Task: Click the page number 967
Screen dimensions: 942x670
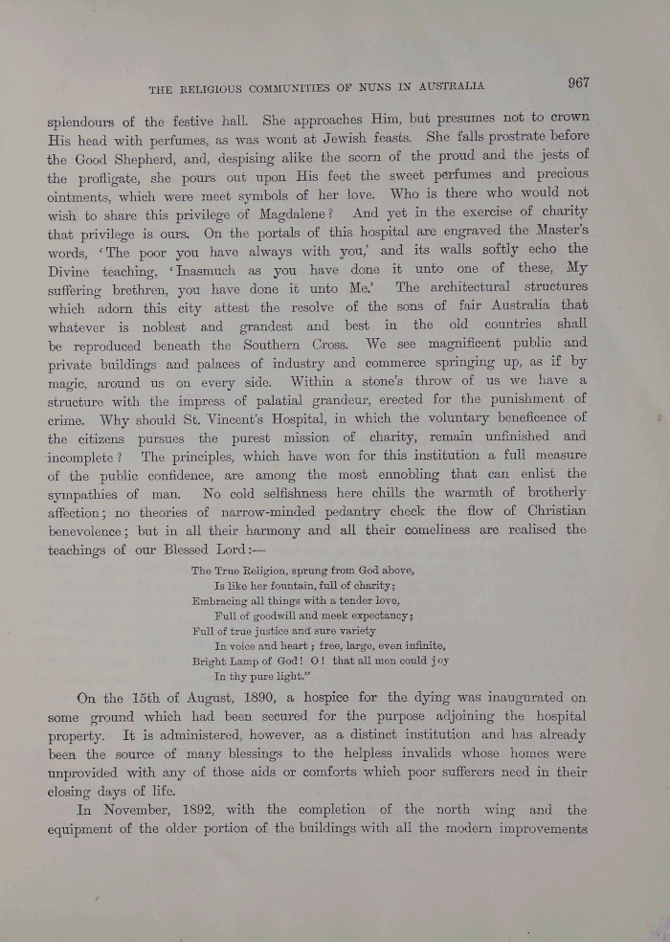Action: tap(577, 82)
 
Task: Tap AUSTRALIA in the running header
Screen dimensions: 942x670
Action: tap(452, 87)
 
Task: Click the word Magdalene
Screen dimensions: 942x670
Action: tap(297, 214)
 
